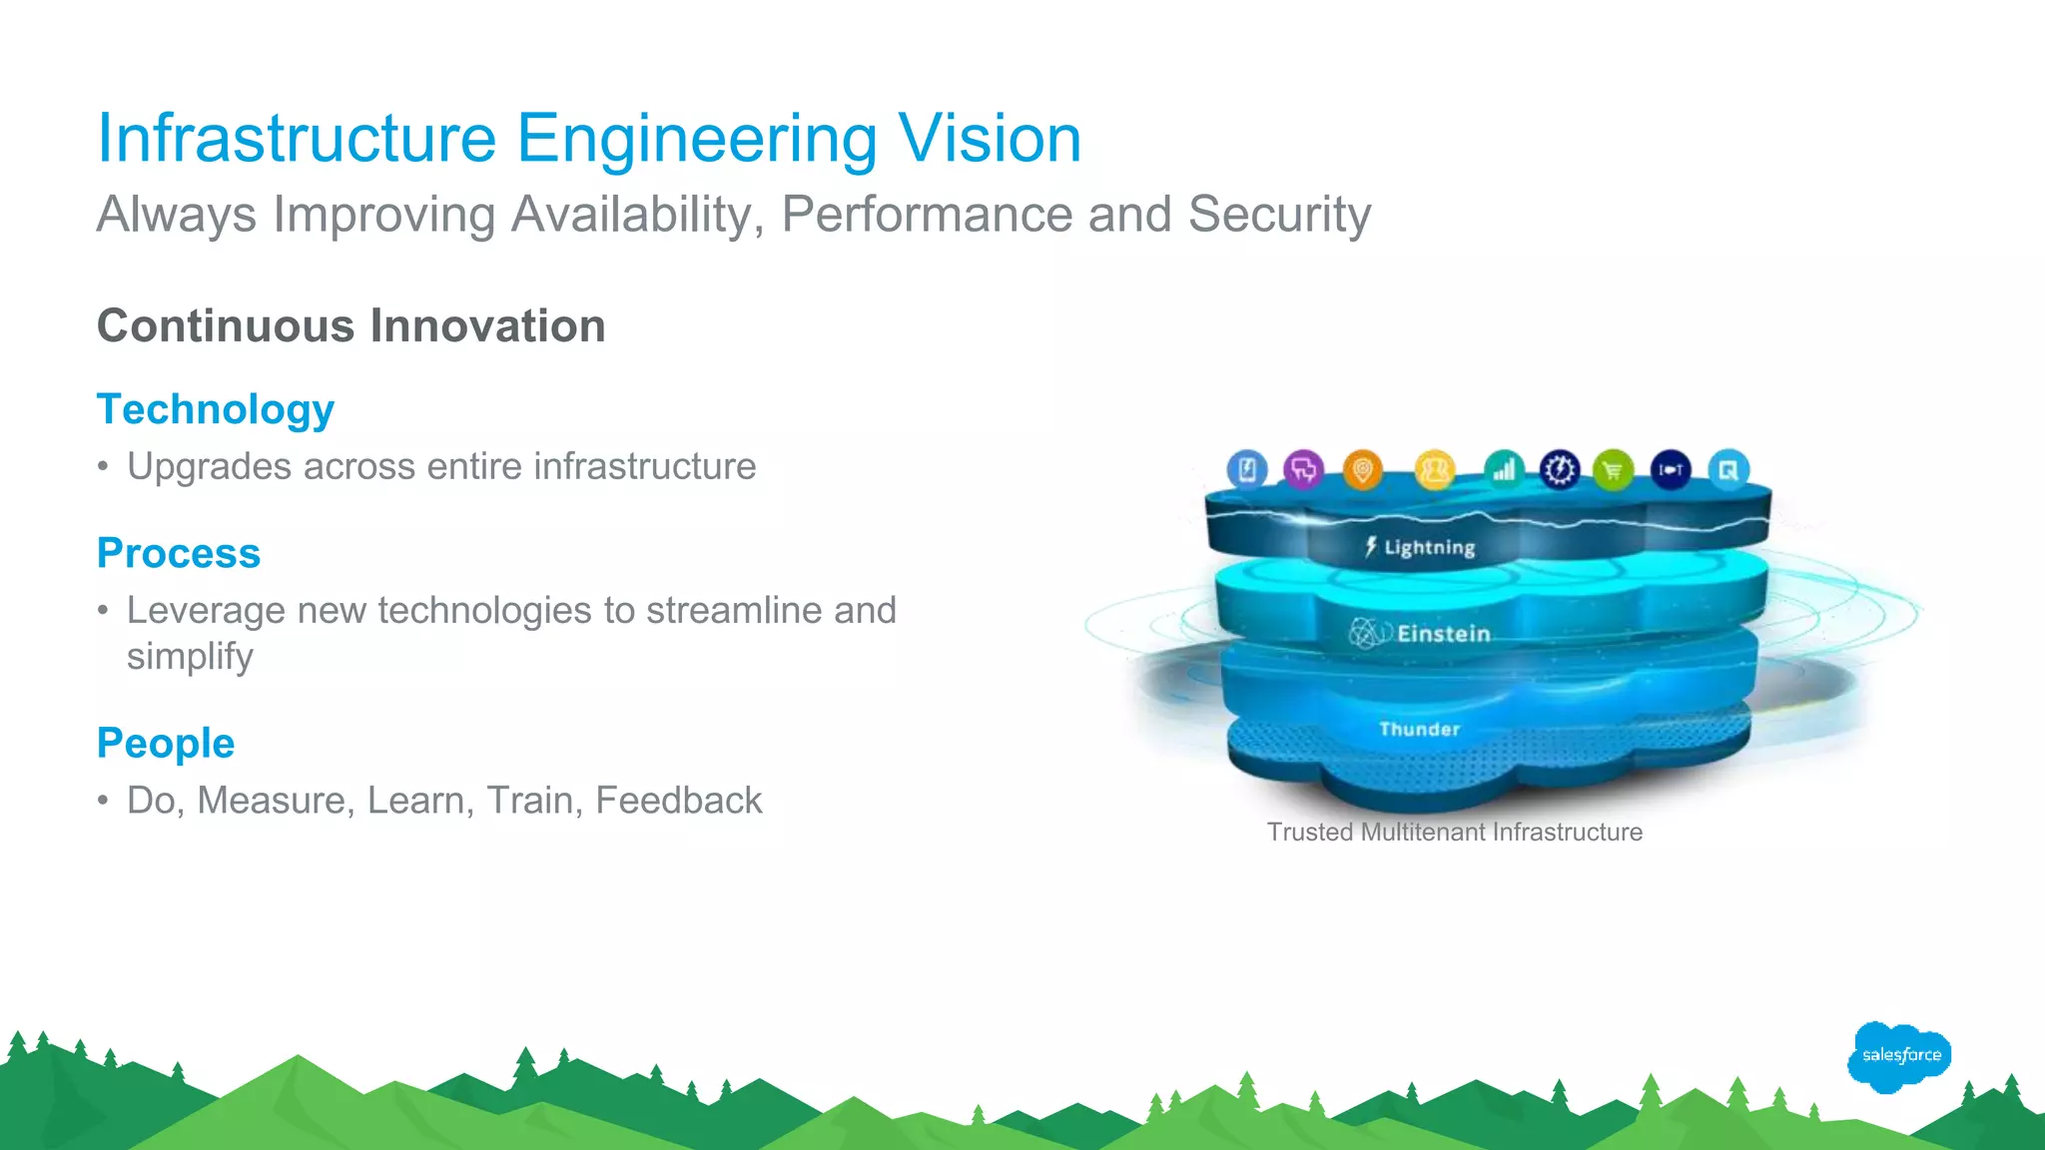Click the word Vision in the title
(x=989, y=138)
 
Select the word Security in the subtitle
(x=1279, y=214)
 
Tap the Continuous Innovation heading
(x=350, y=325)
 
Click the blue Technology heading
(x=215, y=409)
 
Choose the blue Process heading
(x=179, y=553)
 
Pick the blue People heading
(x=166, y=743)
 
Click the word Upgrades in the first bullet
(x=208, y=466)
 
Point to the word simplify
(x=190, y=657)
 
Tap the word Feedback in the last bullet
(x=678, y=801)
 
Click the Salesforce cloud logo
(x=1899, y=1056)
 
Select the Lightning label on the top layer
(x=1428, y=547)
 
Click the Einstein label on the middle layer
(x=1442, y=634)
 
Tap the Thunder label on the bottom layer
(x=1419, y=730)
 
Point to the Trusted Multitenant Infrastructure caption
(x=1454, y=833)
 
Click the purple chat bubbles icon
(x=1303, y=469)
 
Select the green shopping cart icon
(x=1613, y=470)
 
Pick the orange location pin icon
(x=1362, y=469)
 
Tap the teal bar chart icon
(x=1504, y=469)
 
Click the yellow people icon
(x=1435, y=469)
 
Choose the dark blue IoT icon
(x=1671, y=469)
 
